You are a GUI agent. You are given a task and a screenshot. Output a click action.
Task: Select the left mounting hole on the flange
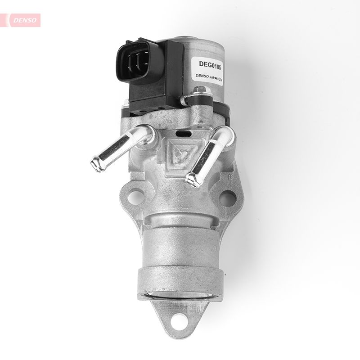pyautogui.click(x=134, y=197)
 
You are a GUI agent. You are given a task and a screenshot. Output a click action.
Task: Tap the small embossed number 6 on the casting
pyautogui.click(x=230, y=177)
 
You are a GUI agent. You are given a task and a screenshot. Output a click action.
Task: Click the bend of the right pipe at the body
pyautogui.click(x=224, y=135)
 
